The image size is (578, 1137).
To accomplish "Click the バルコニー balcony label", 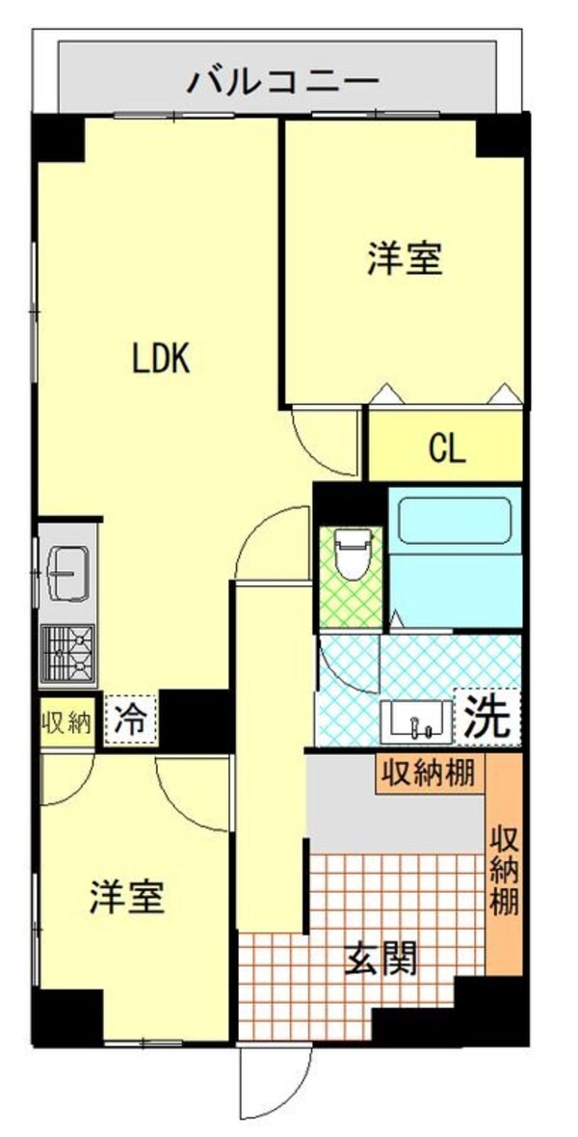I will point(282,80).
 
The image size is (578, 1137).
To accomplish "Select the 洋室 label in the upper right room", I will point(405,259).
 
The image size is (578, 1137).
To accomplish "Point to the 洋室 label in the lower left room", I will point(127,897).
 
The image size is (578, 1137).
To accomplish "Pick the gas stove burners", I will point(67,652).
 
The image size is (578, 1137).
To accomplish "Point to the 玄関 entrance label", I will point(381,959).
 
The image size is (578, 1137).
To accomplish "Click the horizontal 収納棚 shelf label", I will point(430,772).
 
